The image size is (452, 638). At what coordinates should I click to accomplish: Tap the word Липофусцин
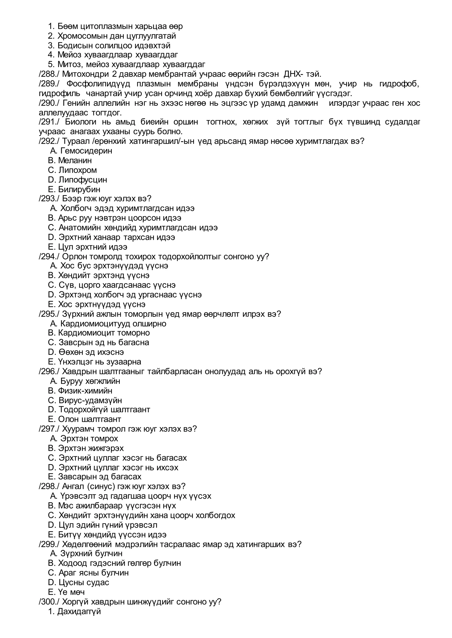[83, 180]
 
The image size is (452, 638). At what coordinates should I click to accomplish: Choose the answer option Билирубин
[79, 189]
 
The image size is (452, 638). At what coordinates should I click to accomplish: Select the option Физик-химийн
[85, 391]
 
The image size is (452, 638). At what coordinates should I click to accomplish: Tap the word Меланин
[75, 161]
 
